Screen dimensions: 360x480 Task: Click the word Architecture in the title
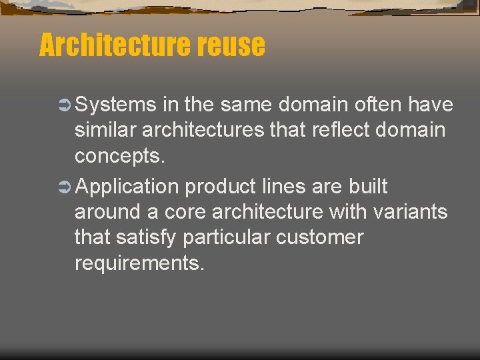tap(114, 46)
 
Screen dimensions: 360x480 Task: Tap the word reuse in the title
tap(229, 46)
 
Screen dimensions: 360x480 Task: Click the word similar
tap(106, 130)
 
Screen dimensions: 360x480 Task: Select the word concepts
tap(118, 156)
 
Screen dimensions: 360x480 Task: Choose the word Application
tap(127, 187)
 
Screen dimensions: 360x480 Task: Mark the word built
tap(368, 187)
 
